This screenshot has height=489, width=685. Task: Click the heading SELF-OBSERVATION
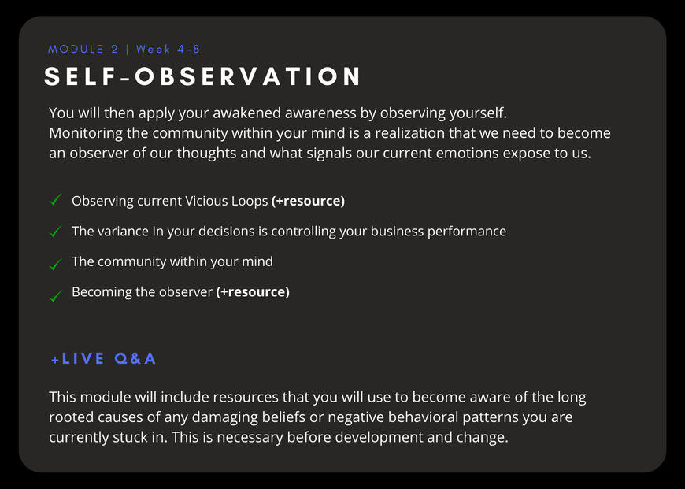click(202, 76)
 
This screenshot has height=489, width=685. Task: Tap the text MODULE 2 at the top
click(83, 49)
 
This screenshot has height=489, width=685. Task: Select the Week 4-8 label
click(168, 49)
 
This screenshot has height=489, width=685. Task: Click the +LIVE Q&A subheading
click(103, 359)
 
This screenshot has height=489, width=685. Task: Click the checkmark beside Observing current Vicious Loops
click(55, 200)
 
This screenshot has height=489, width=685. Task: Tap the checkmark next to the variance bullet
click(55, 231)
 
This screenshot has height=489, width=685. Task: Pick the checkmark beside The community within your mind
click(55, 264)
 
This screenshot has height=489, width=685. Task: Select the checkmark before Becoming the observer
click(55, 296)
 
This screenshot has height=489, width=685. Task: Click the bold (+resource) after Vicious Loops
click(308, 201)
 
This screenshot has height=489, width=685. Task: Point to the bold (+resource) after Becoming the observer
click(253, 292)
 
